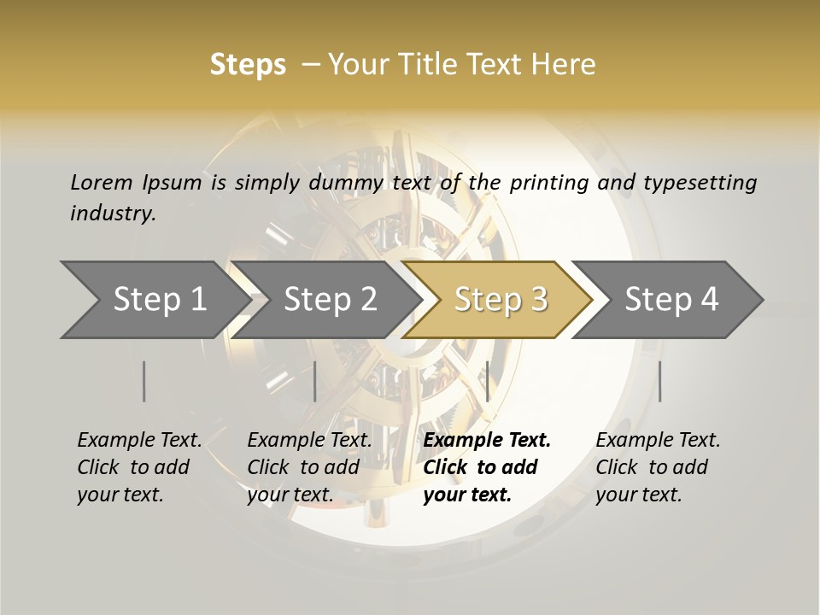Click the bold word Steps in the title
tap(248, 65)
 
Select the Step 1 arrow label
tap(160, 300)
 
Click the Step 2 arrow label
tap(330, 300)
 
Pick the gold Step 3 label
tap(501, 300)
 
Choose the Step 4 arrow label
tap(671, 300)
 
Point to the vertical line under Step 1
tap(144, 381)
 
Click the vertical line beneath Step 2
tap(315, 381)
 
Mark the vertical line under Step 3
tap(487, 381)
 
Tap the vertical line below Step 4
tap(659, 381)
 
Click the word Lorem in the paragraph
tap(102, 182)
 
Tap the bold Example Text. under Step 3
tap(487, 440)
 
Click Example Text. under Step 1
tap(139, 440)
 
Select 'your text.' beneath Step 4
tap(638, 495)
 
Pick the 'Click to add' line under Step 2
tap(303, 467)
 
